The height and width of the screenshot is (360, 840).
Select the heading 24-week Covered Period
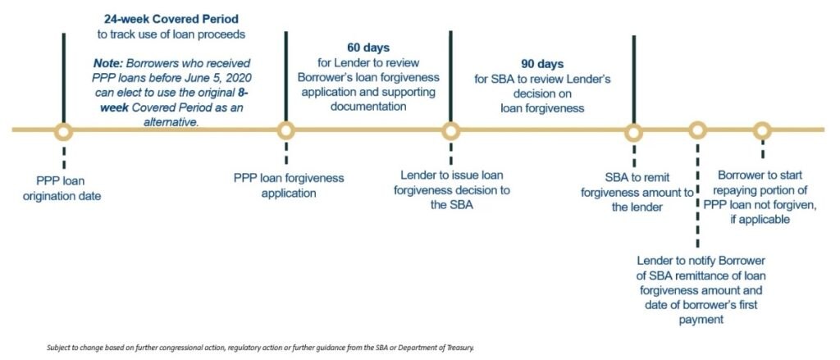point(171,20)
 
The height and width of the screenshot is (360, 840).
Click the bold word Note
point(107,63)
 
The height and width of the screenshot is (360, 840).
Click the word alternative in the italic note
point(171,122)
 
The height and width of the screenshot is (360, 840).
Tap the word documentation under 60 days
point(368,107)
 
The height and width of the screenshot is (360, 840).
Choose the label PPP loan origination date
point(62,189)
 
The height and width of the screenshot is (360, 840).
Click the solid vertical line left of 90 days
point(450,76)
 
